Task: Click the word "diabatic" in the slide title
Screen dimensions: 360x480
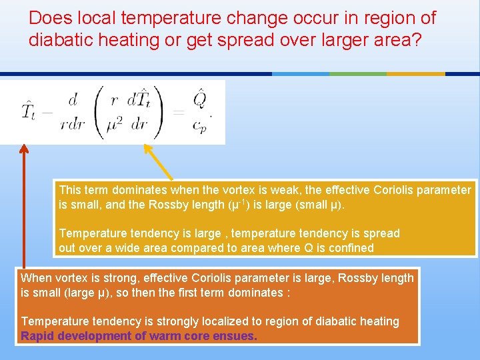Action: [56, 40]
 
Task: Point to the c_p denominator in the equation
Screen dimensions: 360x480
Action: [199, 125]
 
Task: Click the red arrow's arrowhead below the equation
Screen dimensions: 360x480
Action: [25, 150]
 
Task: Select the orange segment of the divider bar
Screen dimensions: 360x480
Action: [415, 73]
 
